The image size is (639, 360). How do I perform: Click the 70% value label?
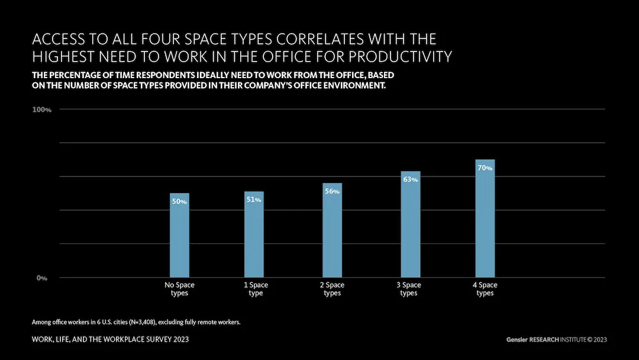pos(485,168)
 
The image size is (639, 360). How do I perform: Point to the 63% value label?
pos(410,179)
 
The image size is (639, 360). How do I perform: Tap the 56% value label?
pos(332,191)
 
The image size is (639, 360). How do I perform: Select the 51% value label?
pos(254,200)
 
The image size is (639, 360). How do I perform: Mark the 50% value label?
pos(179,202)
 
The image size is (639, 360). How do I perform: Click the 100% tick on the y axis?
pos(41,110)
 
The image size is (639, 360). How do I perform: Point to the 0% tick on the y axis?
pos(42,278)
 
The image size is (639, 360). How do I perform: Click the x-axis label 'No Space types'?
pos(179,289)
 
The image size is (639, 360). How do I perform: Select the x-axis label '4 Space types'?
pos(485,289)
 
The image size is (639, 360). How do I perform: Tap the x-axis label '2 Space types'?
pos(332,289)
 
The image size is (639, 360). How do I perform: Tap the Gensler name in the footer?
pos(518,340)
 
